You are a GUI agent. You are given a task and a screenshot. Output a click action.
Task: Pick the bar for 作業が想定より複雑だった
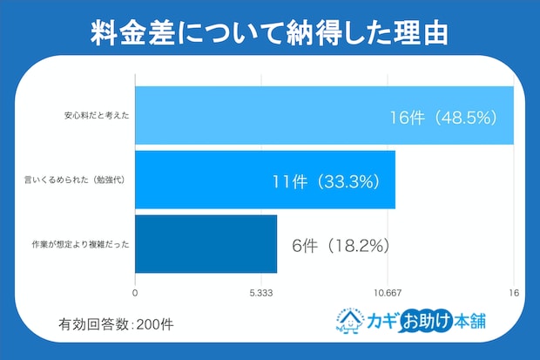point(206,244)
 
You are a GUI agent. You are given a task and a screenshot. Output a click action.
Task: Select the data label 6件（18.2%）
point(340,246)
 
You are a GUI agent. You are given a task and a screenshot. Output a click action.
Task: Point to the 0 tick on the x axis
point(136,293)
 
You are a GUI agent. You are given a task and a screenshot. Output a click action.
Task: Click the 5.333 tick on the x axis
point(262,293)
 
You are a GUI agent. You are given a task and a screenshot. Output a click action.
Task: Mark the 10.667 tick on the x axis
point(388,293)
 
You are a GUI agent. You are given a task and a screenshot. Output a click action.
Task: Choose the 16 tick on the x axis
point(514,293)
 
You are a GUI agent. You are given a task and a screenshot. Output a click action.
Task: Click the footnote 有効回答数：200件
point(117,323)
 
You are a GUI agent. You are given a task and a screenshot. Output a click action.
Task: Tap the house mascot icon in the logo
point(351,321)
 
